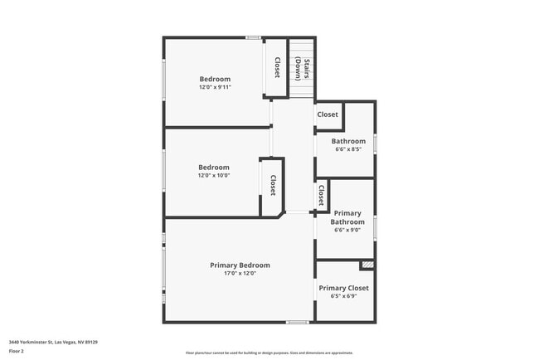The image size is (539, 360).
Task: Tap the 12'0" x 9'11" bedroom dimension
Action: point(215,87)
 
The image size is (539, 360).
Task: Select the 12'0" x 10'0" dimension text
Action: point(213,175)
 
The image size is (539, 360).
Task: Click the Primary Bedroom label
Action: point(240,265)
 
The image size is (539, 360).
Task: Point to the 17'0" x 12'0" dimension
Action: point(240,274)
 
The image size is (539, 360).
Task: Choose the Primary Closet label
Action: point(344,288)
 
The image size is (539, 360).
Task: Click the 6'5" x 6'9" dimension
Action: point(344,296)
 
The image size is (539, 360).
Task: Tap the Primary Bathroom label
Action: point(347,217)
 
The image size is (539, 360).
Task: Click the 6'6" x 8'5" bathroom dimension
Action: point(349,150)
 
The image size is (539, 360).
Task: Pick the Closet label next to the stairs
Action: point(277,66)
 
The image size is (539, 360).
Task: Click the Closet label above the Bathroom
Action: point(328,114)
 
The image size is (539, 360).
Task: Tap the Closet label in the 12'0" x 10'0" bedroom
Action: point(272,185)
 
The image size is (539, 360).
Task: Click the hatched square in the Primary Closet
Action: point(367,265)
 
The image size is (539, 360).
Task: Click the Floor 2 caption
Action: point(17,351)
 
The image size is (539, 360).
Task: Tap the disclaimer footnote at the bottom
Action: point(269,353)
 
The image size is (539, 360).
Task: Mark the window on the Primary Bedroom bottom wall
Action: point(298,322)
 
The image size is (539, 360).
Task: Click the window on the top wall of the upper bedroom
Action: point(254,37)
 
